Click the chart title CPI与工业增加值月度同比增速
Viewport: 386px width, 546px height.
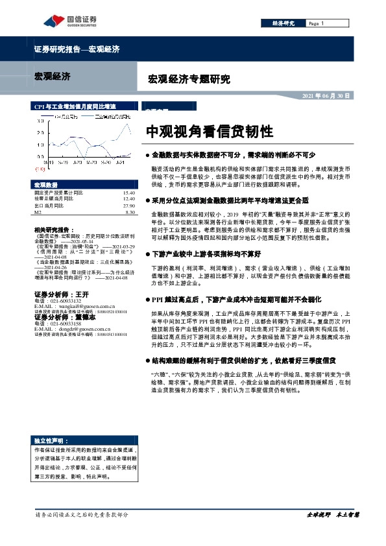click(75, 106)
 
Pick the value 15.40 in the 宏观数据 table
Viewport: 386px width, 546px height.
click(128, 193)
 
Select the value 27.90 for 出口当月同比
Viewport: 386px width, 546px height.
click(128, 205)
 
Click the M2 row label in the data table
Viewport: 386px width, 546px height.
click(38, 211)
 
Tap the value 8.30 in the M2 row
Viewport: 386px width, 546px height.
click(129, 211)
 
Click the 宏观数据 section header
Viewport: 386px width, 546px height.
click(46, 185)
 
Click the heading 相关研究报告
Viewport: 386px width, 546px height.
click(53, 230)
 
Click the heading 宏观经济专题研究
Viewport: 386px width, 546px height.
click(189, 80)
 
